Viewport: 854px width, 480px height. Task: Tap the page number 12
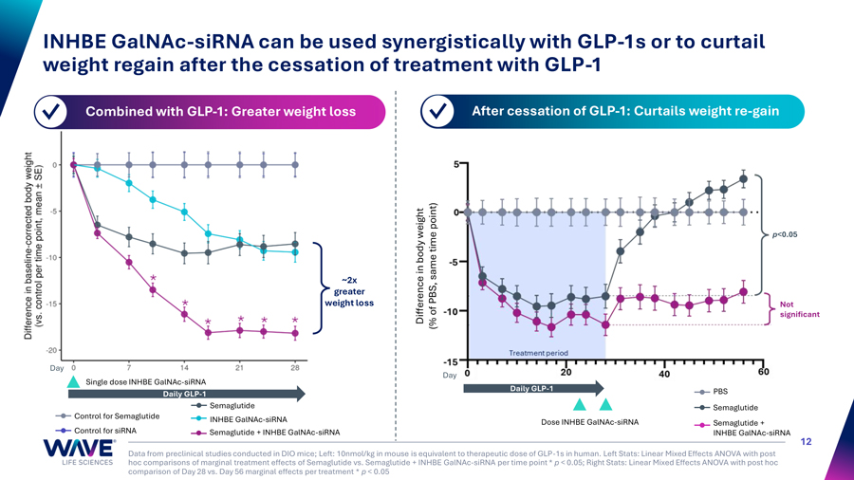[x=808, y=441]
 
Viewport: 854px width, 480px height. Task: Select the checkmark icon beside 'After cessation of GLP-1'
[x=437, y=112]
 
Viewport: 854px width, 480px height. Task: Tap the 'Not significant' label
[x=797, y=309]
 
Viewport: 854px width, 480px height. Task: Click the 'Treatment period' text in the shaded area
[x=538, y=353]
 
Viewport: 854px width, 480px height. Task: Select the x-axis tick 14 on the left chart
[x=184, y=367]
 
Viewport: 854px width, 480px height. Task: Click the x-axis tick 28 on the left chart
[x=295, y=367]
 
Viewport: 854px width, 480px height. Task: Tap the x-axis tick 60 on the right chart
[x=764, y=372]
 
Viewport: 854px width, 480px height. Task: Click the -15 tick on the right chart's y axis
[x=449, y=362]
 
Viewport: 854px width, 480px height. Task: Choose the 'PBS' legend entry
[x=720, y=392]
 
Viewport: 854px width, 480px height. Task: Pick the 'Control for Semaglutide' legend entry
[x=116, y=415]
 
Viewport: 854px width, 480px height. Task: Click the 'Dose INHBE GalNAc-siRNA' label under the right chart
[x=588, y=422]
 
